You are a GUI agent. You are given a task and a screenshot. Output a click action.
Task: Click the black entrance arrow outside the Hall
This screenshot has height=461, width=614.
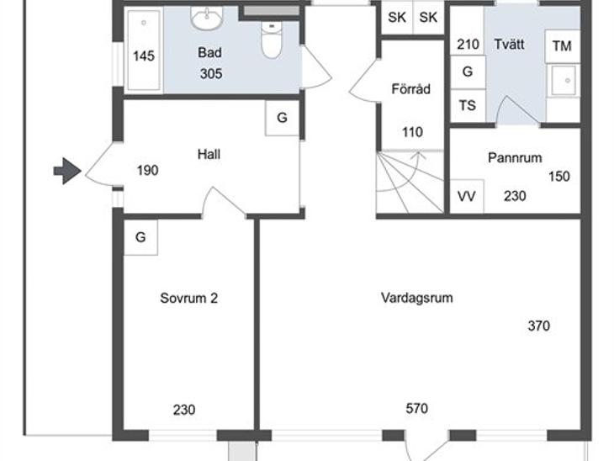pyautogui.click(x=67, y=171)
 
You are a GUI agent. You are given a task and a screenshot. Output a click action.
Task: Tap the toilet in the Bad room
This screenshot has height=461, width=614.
pyautogui.click(x=273, y=40)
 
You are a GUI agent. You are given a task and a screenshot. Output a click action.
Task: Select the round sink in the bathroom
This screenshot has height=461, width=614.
pyautogui.click(x=207, y=18)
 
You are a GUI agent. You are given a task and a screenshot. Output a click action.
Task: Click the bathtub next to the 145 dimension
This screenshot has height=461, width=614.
pyautogui.click(x=144, y=50)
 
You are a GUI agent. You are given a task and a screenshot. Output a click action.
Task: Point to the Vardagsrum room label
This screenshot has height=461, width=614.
pyautogui.click(x=416, y=298)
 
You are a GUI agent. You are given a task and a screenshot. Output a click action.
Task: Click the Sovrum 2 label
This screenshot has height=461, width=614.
pyautogui.click(x=188, y=298)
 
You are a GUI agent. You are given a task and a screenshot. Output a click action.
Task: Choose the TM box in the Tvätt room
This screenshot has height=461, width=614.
pyautogui.click(x=562, y=46)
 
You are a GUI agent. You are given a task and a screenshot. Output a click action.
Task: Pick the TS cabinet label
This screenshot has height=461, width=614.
pyautogui.click(x=468, y=105)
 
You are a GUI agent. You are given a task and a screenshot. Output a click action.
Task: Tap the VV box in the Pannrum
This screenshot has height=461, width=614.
pyautogui.click(x=466, y=196)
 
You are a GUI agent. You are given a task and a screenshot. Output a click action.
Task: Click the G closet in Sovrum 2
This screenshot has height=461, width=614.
pyautogui.click(x=140, y=237)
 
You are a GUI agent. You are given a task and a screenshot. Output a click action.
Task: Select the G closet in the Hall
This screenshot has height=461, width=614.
pyautogui.click(x=282, y=118)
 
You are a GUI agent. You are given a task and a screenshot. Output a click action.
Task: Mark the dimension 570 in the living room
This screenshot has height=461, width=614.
pyautogui.click(x=416, y=409)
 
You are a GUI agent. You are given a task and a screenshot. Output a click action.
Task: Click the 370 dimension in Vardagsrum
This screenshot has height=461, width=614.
pyautogui.click(x=539, y=326)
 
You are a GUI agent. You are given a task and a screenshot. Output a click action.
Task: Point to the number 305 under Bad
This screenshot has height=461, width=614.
pyautogui.click(x=211, y=74)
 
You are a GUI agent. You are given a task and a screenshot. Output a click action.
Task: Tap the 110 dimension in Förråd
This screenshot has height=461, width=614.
pyautogui.click(x=412, y=132)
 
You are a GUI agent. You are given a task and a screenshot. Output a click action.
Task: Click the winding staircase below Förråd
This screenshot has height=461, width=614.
pyautogui.click(x=410, y=182)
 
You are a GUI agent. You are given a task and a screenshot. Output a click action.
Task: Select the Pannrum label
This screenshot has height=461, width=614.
pyautogui.click(x=515, y=158)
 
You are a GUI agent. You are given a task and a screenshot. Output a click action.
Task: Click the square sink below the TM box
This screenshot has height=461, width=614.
pyautogui.click(x=564, y=81)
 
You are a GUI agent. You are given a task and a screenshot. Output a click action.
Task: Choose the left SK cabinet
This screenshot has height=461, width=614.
pyautogui.click(x=397, y=18)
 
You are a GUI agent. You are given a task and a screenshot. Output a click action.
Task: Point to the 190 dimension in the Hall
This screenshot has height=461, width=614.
pyautogui.click(x=148, y=171)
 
